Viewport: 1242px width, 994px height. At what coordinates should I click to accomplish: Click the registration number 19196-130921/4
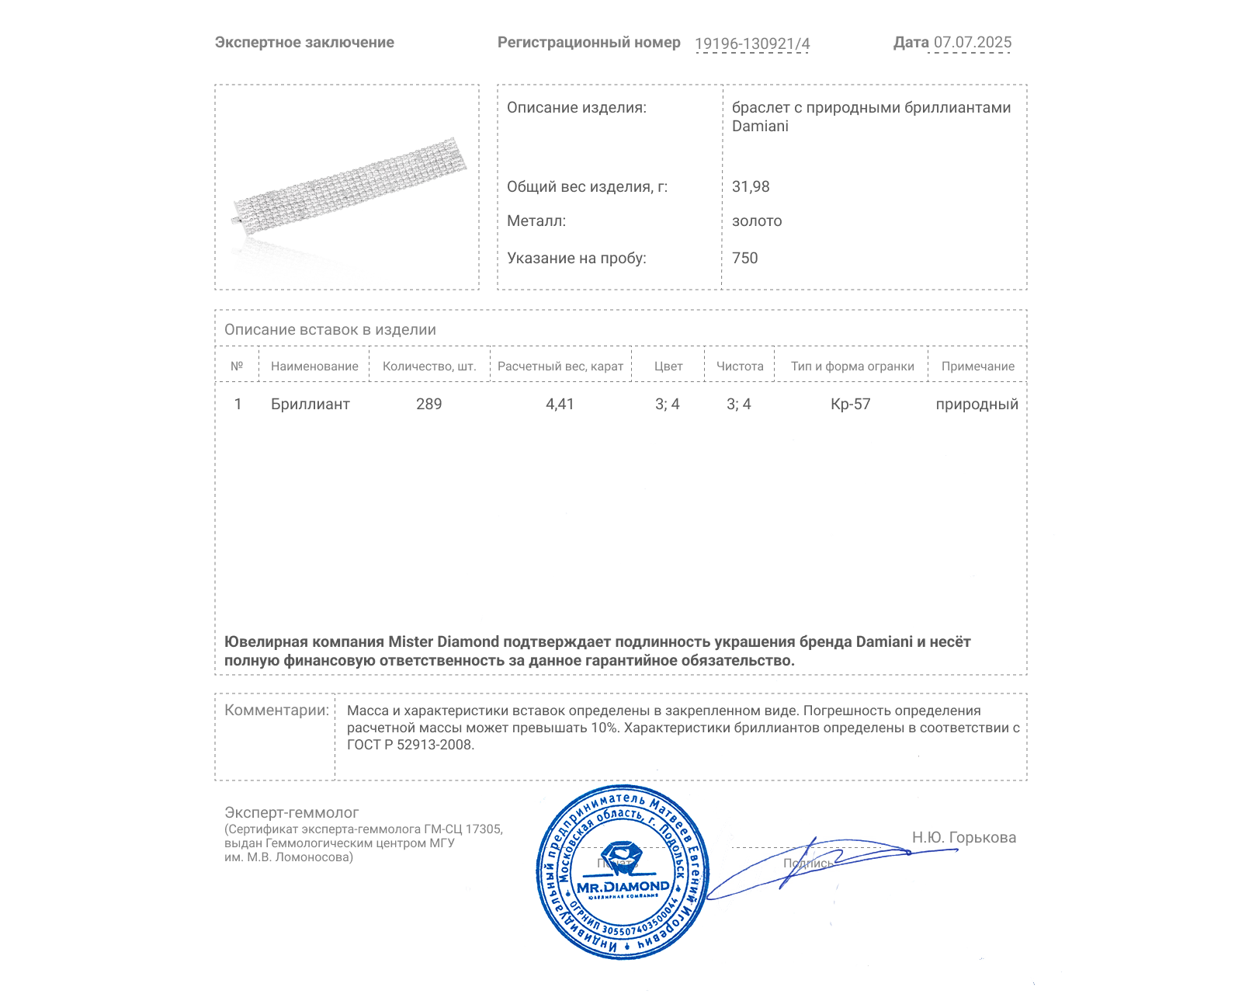(751, 43)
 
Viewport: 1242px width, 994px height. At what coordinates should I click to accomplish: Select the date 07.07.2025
(972, 43)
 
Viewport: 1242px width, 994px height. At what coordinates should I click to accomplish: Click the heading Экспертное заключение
(304, 43)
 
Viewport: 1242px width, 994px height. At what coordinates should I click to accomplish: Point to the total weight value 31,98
(751, 186)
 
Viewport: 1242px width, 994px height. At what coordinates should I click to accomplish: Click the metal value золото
(757, 221)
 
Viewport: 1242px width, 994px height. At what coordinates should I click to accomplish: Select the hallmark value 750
(744, 258)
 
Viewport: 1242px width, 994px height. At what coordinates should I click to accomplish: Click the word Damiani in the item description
(760, 127)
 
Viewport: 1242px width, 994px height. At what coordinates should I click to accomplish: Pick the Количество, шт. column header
(429, 367)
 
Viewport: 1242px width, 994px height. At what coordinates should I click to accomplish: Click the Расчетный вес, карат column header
(560, 367)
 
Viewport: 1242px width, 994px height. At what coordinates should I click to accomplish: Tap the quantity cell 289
(428, 404)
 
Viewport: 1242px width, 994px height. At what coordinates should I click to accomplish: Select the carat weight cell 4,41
(560, 404)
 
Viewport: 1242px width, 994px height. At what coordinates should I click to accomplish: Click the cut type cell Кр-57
(850, 404)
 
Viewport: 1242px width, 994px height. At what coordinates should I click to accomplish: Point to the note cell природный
(977, 404)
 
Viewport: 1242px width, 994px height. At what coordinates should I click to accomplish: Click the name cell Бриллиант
(310, 404)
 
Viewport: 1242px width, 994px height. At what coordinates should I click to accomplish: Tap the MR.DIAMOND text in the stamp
(623, 886)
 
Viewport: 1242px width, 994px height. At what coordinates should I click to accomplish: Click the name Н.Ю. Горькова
(963, 837)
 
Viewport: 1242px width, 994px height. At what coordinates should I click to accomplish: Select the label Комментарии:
(276, 710)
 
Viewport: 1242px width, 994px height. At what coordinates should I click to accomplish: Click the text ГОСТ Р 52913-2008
(410, 745)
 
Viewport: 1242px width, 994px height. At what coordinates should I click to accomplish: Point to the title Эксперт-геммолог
(291, 812)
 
